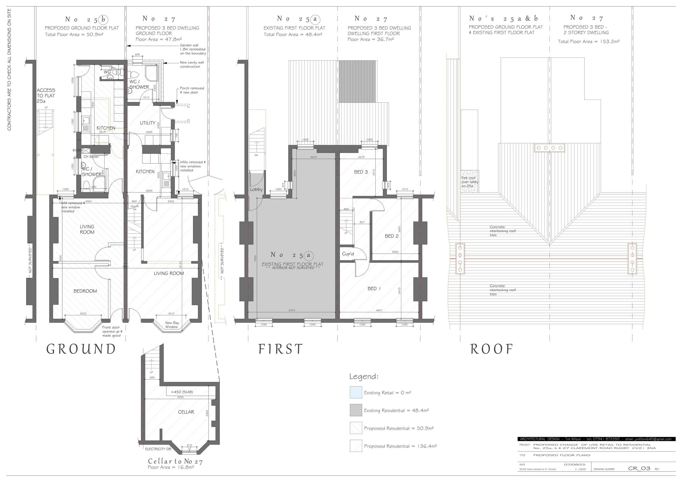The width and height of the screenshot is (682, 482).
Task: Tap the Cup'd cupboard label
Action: coord(348,254)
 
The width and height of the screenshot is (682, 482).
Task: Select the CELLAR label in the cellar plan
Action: coord(186,412)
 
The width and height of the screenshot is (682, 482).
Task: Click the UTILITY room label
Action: coord(148,123)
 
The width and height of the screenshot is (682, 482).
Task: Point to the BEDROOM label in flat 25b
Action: coord(85,291)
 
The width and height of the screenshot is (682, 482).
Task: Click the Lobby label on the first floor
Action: coord(256,189)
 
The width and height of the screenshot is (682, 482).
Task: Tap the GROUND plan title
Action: coord(81,349)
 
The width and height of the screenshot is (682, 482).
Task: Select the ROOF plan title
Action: coord(492,349)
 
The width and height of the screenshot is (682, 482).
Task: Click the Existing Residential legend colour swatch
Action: coord(356,410)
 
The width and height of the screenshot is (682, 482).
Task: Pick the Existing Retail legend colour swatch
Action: coord(356,392)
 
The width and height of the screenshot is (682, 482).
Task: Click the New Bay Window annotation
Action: coord(172,325)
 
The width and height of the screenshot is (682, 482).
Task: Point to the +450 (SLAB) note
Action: coord(182,392)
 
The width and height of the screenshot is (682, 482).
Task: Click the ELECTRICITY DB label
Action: coord(158,449)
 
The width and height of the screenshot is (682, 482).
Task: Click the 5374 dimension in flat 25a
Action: coord(292,310)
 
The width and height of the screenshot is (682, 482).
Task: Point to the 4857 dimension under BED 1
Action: coord(379,310)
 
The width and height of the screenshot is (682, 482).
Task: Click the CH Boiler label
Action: coord(91,156)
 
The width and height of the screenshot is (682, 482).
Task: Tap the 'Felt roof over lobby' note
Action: coord(469,182)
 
